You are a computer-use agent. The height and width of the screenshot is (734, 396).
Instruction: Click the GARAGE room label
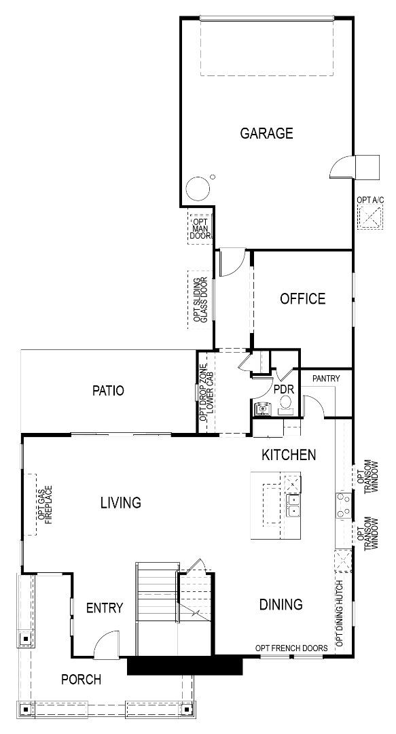[x=266, y=133]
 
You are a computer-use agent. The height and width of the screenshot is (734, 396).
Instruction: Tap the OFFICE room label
[x=302, y=298]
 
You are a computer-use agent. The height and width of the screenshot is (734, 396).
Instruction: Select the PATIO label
[x=109, y=391]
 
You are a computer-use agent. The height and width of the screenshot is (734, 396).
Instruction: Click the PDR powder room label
[x=283, y=389]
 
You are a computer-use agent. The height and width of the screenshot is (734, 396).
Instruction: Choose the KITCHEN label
[x=289, y=455]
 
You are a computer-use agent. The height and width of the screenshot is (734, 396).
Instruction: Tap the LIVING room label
[x=120, y=503]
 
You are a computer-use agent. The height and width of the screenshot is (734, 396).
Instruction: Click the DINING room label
[x=281, y=604]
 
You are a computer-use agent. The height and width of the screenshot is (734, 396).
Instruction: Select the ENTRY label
[x=105, y=608]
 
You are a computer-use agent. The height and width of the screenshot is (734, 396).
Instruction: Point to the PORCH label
[x=81, y=679]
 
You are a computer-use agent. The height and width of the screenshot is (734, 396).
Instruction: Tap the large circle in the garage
[x=198, y=188]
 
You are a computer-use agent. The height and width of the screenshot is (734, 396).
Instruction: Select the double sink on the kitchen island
[x=294, y=506]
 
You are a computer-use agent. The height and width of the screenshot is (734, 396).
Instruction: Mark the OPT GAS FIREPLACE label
[x=45, y=504]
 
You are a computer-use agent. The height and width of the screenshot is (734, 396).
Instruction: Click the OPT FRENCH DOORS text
[x=291, y=648]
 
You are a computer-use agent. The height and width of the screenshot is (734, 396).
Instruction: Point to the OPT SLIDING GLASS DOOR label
[x=200, y=300]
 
